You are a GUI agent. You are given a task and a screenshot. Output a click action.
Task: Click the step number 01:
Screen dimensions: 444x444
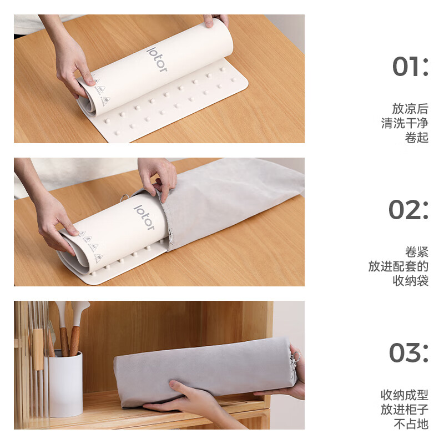pyautogui.click(x=410, y=67)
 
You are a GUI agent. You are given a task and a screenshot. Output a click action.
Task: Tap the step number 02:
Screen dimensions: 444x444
pyautogui.click(x=408, y=210)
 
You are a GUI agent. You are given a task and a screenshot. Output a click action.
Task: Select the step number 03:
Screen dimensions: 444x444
pyautogui.click(x=408, y=353)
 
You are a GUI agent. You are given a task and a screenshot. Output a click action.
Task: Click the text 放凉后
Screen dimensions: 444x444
pyautogui.click(x=410, y=108)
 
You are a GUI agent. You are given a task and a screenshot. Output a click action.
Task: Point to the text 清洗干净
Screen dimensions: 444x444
pyautogui.click(x=405, y=123)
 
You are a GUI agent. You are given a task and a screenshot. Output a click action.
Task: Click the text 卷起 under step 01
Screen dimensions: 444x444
pyautogui.click(x=416, y=137)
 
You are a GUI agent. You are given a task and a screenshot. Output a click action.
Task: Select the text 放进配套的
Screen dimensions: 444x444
pyautogui.click(x=398, y=266)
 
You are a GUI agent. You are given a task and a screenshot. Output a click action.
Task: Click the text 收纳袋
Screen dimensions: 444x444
pyautogui.click(x=410, y=281)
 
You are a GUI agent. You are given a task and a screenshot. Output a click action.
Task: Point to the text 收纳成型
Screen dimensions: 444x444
pyautogui.click(x=404, y=395)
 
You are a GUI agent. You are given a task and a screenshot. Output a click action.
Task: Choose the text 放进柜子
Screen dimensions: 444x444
pyautogui.click(x=404, y=410)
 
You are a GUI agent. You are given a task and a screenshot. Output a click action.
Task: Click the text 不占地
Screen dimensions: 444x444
pyautogui.click(x=410, y=424)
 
